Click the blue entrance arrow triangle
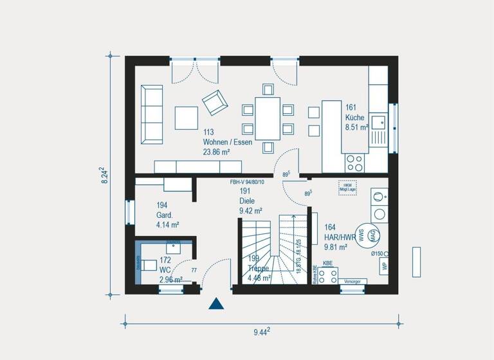(x=216, y=303)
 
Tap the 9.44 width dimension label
(x=261, y=332)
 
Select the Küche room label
(x=355, y=118)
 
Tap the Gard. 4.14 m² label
(x=167, y=215)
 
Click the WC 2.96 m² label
(x=170, y=270)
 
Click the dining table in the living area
(x=268, y=118)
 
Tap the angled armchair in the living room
(x=214, y=102)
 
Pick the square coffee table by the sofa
(x=187, y=118)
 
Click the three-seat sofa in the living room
(x=152, y=113)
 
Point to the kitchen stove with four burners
(x=354, y=162)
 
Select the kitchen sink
(x=378, y=120)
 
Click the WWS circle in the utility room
(x=361, y=236)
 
